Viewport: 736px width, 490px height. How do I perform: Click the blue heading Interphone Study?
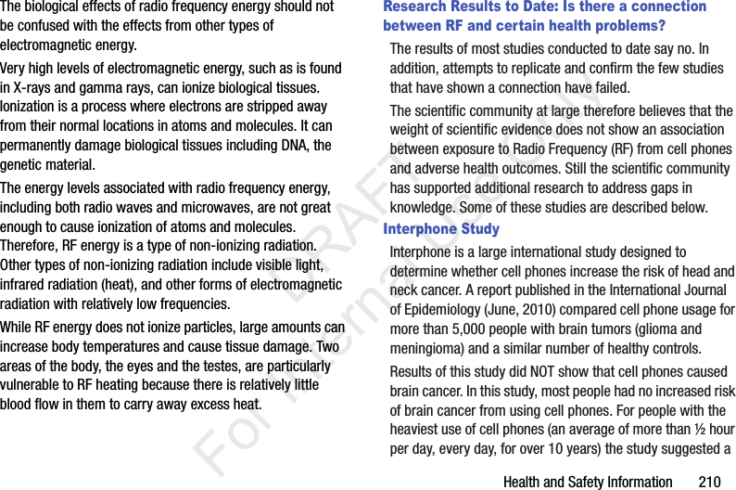click(441, 229)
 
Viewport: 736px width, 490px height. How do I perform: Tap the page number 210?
click(709, 482)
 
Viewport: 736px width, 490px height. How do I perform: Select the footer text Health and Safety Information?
click(588, 482)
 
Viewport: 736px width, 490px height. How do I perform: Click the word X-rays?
click(34, 88)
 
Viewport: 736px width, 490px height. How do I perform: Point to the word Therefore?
click(32, 246)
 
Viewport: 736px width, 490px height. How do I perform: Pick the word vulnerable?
click(35, 384)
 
